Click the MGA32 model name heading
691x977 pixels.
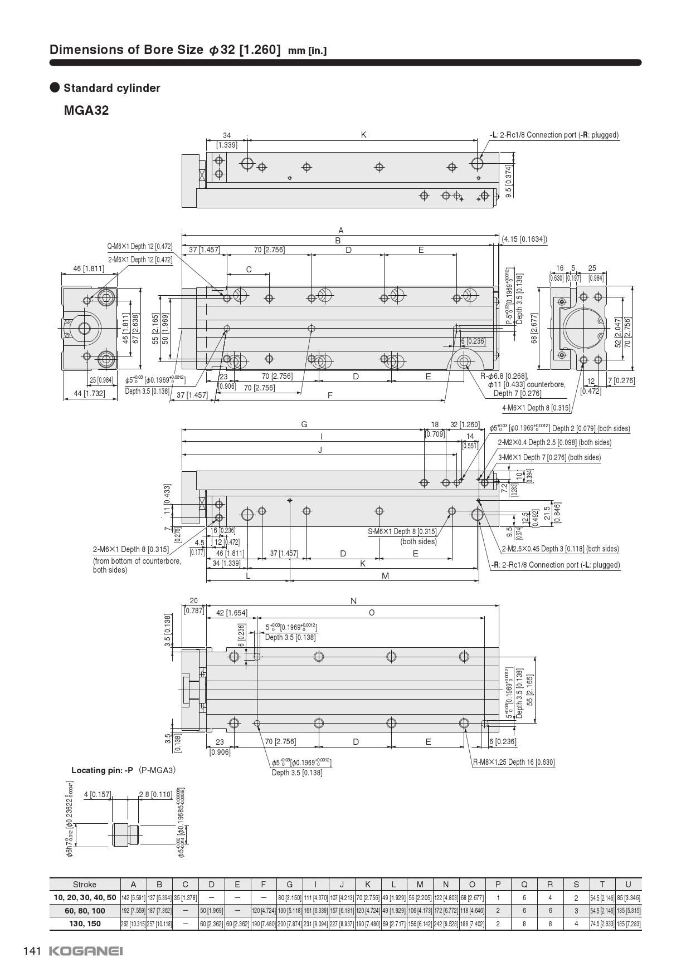pos(86,110)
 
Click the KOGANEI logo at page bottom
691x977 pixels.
pos(86,951)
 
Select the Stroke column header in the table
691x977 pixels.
pos(85,884)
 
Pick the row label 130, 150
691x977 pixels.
pos(85,923)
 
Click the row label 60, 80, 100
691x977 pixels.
pos(85,910)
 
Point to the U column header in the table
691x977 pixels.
pos(628,884)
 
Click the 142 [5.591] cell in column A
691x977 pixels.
pos(133,897)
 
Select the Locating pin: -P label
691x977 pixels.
pos(102,770)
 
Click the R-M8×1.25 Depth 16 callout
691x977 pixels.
pos(513,762)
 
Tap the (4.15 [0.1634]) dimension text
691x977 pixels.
pos(524,240)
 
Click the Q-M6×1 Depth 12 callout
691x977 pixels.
pos(140,246)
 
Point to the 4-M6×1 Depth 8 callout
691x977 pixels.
pos(536,408)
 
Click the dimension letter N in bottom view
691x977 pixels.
pos(353,600)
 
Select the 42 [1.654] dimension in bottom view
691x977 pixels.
pos(231,613)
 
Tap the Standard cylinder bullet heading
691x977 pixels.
pos(111,88)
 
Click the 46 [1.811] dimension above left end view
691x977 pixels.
pos(89,268)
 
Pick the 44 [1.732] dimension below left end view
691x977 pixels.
pos(89,393)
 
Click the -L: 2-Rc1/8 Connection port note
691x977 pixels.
pos(554,135)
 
